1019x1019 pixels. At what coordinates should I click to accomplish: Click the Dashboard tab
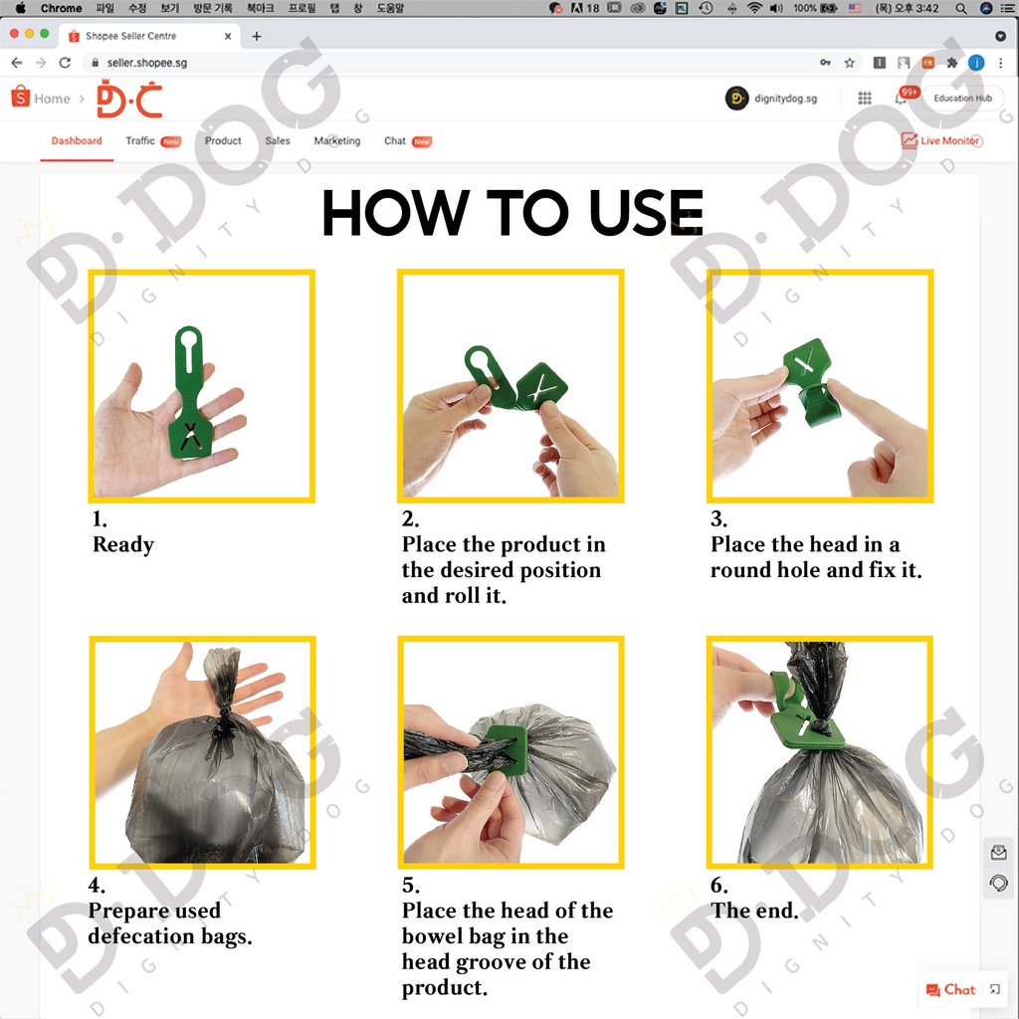pyautogui.click(x=77, y=141)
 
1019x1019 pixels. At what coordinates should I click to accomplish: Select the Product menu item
pyautogui.click(x=223, y=141)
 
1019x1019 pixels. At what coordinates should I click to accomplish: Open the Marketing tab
pyautogui.click(x=336, y=141)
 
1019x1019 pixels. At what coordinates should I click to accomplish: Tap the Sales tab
pyautogui.click(x=278, y=141)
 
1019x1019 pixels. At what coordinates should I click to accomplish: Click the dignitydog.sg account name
pyautogui.click(x=785, y=99)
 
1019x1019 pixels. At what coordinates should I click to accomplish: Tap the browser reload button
pyautogui.click(x=65, y=63)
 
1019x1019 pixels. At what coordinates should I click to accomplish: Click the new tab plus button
pyautogui.click(x=257, y=37)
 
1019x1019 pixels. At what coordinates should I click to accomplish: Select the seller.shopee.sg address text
pyautogui.click(x=147, y=63)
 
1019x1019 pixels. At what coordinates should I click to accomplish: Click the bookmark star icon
pyautogui.click(x=850, y=63)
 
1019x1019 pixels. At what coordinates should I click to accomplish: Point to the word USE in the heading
pyautogui.click(x=646, y=212)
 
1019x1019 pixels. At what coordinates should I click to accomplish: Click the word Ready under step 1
pyautogui.click(x=123, y=544)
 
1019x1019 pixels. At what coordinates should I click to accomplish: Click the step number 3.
pyautogui.click(x=718, y=518)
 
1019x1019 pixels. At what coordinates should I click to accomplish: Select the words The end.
pyautogui.click(x=754, y=911)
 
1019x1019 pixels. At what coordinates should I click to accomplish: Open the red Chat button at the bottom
pyautogui.click(x=950, y=990)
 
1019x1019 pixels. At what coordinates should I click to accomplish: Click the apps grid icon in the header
pyautogui.click(x=865, y=99)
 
